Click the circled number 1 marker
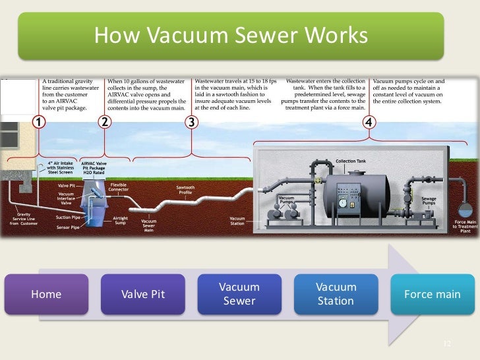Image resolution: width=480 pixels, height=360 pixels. click(40, 123)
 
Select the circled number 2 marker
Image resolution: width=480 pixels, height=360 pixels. click(104, 123)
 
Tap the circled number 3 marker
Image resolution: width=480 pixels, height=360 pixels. click(191, 123)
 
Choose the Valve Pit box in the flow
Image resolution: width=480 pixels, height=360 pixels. click(143, 294)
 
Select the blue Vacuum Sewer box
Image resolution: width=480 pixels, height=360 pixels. click(239, 294)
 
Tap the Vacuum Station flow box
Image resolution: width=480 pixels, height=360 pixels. click(336, 294)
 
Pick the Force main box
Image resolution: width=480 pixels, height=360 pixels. click(432, 294)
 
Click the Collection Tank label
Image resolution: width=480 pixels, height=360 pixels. click(350, 162)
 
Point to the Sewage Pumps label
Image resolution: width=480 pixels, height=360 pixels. click(429, 200)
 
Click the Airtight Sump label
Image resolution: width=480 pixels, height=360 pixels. click(120, 220)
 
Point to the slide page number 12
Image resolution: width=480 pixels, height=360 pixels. click(446, 345)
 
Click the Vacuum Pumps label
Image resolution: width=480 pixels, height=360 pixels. click(286, 200)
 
